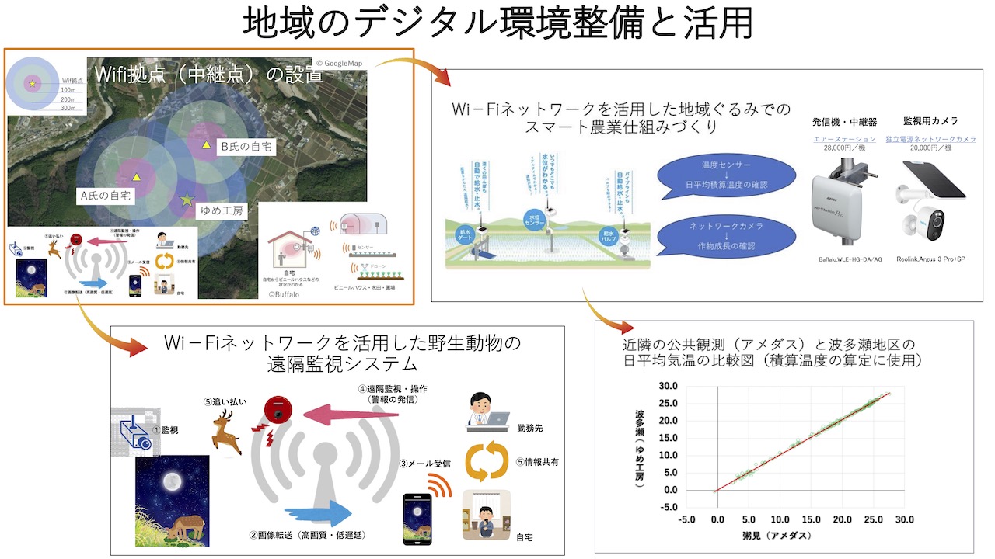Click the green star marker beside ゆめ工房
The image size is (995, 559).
coord(187,200)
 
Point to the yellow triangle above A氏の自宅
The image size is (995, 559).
coord(137,176)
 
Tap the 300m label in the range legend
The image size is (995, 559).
coord(68,109)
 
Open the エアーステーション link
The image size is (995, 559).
coord(843,139)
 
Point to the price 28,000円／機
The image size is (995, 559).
coord(844,148)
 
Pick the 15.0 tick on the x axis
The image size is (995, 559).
coord(811,519)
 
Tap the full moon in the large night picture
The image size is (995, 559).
coord(170,483)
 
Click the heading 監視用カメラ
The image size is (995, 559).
coord(930,121)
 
